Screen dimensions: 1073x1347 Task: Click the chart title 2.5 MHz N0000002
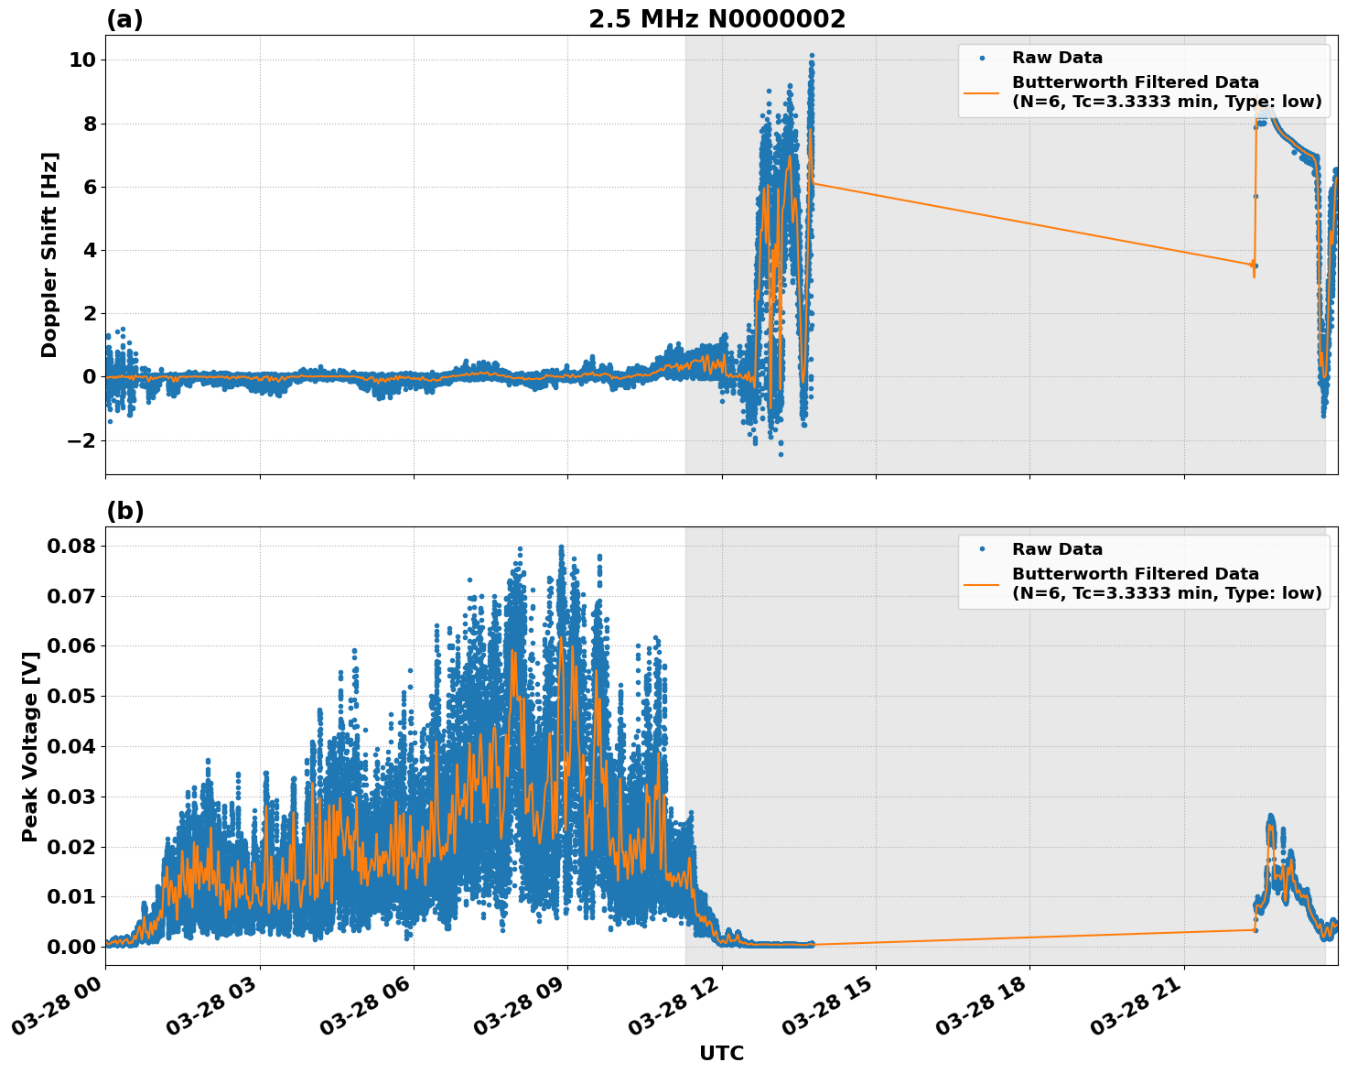[717, 19]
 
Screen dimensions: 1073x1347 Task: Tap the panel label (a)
[124, 19]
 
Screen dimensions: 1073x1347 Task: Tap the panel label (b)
[124, 511]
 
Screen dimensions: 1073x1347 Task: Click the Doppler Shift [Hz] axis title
[49, 255]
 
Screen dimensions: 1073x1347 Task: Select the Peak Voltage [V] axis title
[30, 746]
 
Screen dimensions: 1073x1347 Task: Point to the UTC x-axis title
[721, 1053]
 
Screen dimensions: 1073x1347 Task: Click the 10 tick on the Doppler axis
[82, 60]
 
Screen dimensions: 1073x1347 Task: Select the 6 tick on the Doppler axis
[89, 187]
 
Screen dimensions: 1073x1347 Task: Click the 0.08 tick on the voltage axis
[71, 547]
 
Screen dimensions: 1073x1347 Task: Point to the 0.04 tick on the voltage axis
[71, 746]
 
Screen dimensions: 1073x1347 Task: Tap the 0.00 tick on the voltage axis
[71, 947]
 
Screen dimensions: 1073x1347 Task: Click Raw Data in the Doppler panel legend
[1057, 59]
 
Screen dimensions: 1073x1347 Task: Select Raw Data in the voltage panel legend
[1057, 549]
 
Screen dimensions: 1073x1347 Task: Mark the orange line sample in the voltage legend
[981, 584]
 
